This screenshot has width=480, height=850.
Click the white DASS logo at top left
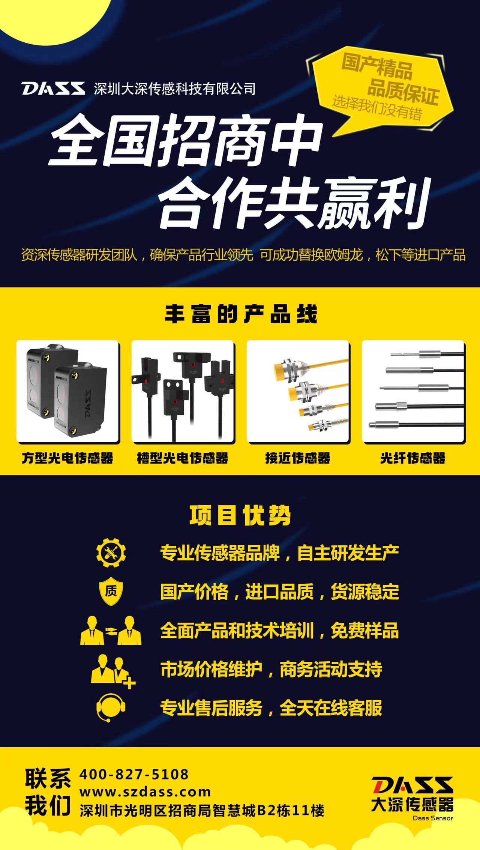click(53, 89)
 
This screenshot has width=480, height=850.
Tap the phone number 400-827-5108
click(134, 775)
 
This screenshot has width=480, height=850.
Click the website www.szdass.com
click(145, 792)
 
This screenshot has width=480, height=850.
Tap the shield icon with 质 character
click(111, 591)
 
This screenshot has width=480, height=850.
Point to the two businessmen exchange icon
click(111, 630)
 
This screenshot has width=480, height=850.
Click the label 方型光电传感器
click(67, 458)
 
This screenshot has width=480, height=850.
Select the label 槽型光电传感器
click(183, 458)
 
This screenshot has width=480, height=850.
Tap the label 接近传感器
click(298, 458)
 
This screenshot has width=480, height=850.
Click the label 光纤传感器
click(413, 458)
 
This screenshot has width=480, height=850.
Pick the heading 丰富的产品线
click(241, 314)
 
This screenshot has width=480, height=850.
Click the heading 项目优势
click(240, 516)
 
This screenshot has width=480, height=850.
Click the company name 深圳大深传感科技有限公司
click(175, 89)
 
